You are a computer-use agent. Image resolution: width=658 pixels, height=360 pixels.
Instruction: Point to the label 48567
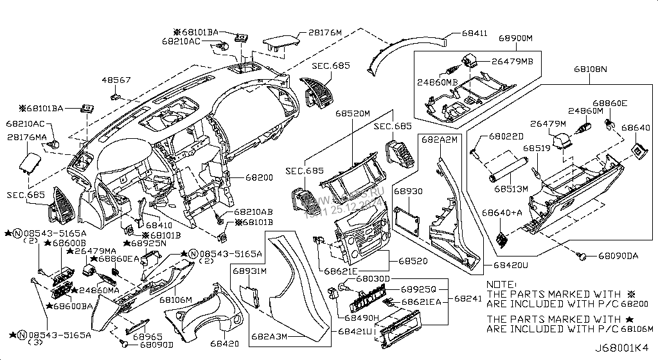pos(116,80)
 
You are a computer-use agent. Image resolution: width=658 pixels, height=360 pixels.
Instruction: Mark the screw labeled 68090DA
pos(583,256)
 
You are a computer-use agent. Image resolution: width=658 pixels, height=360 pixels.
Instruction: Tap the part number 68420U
pos(511,265)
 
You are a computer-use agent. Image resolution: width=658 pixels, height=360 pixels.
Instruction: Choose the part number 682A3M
pos(269,336)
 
